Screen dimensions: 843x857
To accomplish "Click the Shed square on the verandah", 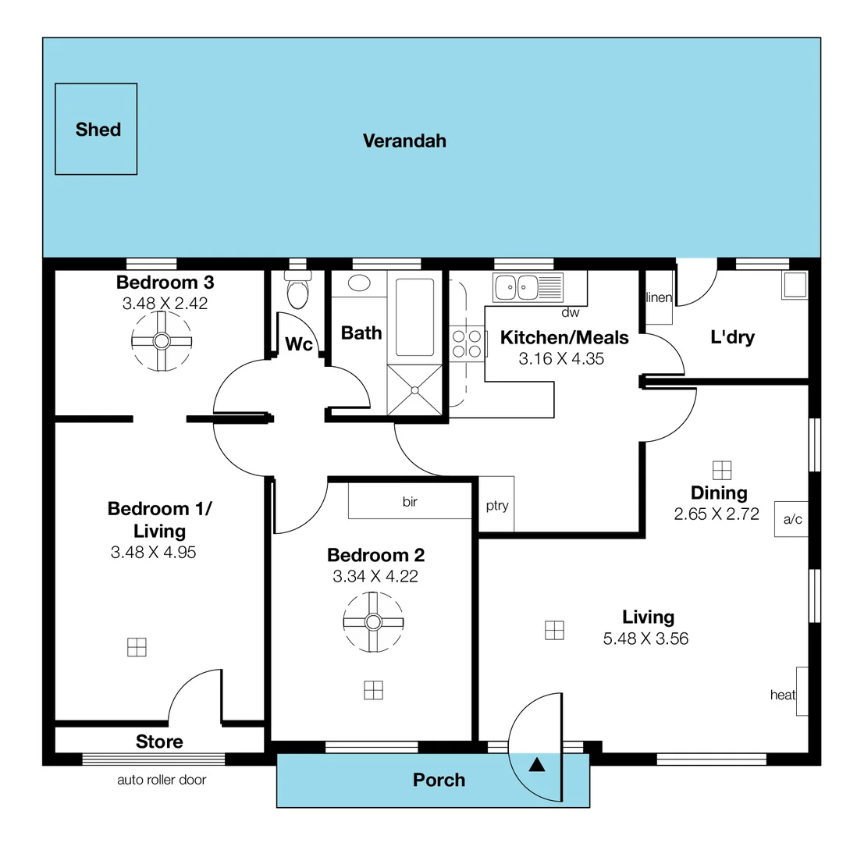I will click(x=96, y=129).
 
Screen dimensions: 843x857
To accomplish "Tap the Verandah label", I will click(x=404, y=140).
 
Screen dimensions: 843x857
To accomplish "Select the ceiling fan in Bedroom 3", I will click(x=161, y=341).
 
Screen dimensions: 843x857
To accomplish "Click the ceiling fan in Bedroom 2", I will click(x=373, y=621).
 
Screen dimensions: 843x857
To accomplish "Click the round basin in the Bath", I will click(x=360, y=283).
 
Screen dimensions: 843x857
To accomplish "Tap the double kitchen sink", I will click(x=528, y=286).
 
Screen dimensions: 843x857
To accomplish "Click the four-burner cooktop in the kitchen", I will click(x=467, y=344).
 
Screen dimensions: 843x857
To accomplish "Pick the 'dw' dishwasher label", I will click(x=570, y=313).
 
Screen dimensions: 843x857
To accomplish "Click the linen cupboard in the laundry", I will click(x=658, y=297).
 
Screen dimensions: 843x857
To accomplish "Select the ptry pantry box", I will click(x=496, y=505).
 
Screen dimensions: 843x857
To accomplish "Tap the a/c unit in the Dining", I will click(x=791, y=518).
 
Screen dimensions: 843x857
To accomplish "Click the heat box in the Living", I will click(x=802, y=692).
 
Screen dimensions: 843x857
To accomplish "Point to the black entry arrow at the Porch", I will click(x=537, y=764).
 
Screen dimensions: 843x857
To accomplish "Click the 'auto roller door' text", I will click(x=162, y=780).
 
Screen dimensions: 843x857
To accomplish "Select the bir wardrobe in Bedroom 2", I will click(x=410, y=501).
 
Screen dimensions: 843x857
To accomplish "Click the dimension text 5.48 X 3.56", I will click(x=645, y=638).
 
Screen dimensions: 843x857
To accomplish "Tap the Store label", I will click(x=159, y=742).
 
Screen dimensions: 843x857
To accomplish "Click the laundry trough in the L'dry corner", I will click(x=795, y=285).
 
